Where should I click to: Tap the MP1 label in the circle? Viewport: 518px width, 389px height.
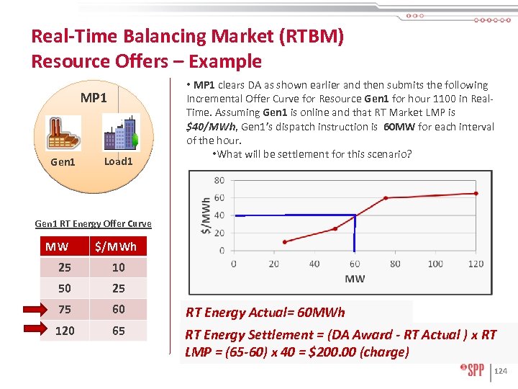pyautogui.click(x=94, y=97)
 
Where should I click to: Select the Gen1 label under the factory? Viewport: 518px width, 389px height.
pyautogui.click(x=63, y=162)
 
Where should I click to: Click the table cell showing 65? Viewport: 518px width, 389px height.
pyautogui.click(x=118, y=331)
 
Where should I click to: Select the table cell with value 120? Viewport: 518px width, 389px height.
pyautogui.click(x=65, y=331)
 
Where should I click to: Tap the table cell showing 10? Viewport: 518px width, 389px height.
pyautogui.click(x=118, y=267)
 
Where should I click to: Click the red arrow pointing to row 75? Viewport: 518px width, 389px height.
pyautogui.click(x=32, y=310)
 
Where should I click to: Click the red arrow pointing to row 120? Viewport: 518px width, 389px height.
pyautogui.click(x=32, y=331)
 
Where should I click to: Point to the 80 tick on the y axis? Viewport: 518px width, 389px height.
pyautogui.click(x=219, y=180)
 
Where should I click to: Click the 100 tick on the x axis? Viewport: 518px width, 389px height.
pyautogui.click(x=435, y=264)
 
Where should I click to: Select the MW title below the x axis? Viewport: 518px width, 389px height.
pyautogui.click(x=355, y=279)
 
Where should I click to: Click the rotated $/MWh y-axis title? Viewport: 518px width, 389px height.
pyautogui.click(x=206, y=215)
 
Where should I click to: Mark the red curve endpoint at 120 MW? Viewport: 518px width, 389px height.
pyautogui.click(x=476, y=193)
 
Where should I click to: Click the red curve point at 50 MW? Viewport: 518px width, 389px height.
pyautogui.click(x=335, y=229)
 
